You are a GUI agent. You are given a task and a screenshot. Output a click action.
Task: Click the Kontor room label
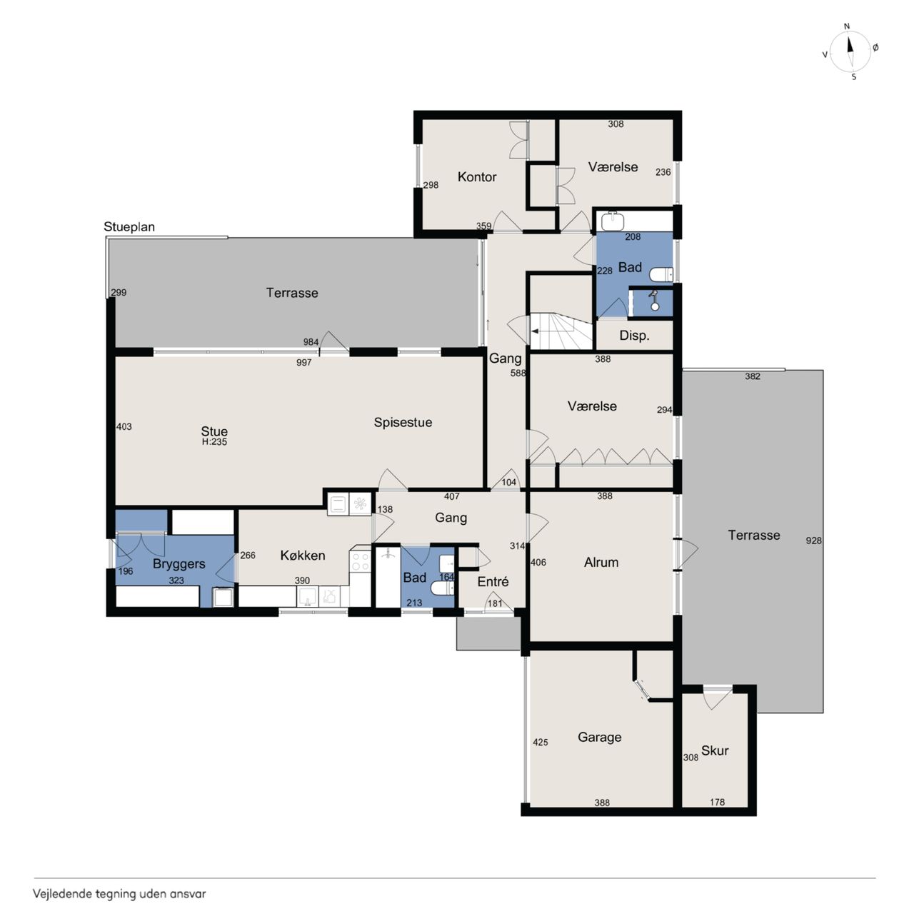[477, 177]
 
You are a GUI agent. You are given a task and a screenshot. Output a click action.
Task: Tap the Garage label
[600, 737]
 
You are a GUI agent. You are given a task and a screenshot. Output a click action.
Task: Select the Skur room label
[715, 750]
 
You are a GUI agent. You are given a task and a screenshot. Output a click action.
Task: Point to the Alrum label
[601, 562]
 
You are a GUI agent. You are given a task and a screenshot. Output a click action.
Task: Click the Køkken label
[303, 555]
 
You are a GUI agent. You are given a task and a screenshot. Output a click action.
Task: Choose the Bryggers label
[179, 564]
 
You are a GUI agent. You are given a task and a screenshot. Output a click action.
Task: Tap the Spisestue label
[403, 423]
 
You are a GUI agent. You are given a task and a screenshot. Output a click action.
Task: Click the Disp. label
[634, 336]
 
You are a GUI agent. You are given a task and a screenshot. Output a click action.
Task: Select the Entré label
[493, 581]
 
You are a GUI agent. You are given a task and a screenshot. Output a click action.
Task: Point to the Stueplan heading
[129, 227]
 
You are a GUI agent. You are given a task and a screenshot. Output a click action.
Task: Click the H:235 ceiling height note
[214, 442]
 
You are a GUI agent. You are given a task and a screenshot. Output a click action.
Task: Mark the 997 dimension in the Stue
[303, 363]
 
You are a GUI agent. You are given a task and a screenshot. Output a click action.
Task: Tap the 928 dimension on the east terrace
[813, 541]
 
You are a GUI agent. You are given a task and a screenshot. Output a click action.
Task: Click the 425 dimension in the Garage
[541, 743]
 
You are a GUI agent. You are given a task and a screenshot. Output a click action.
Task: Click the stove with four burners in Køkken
[360, 561]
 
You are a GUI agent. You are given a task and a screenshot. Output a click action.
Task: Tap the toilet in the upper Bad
[661, 275]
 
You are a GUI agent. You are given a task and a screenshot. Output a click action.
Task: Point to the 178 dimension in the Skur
[717, 802]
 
